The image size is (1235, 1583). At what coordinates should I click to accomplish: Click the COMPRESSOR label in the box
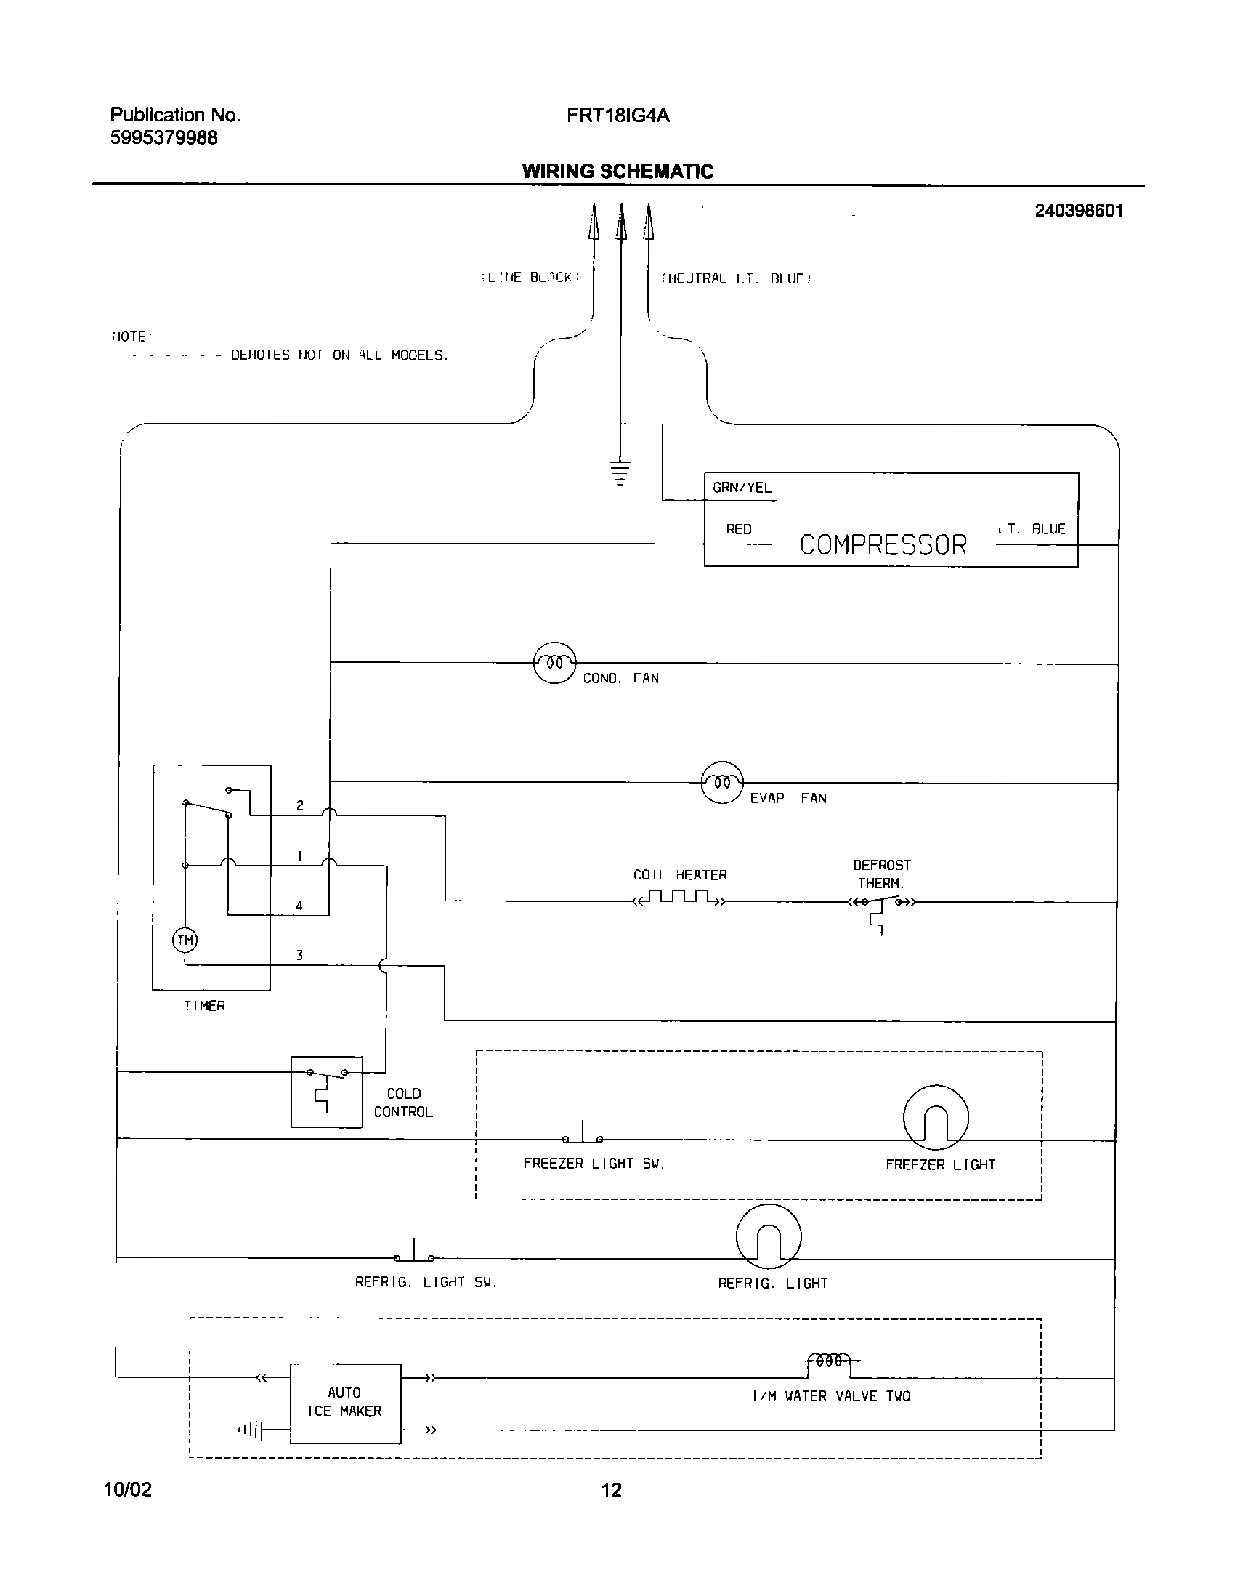883,544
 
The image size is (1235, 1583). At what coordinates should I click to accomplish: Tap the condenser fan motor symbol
554,662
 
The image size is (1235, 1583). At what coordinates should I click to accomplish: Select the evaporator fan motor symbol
721,782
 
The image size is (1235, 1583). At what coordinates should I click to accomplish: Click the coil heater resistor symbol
679,897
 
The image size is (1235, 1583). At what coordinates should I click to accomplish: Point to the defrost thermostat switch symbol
880,905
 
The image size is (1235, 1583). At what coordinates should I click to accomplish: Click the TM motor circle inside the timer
185,940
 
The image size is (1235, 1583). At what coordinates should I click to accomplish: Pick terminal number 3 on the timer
299,956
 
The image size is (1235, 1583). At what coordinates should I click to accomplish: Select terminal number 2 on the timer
299,805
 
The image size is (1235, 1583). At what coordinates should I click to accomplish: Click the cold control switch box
326,1092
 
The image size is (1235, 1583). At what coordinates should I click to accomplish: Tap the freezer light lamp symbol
936,1119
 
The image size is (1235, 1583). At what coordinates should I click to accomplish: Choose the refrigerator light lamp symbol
769,1236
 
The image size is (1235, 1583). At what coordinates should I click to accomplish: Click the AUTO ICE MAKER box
345,1403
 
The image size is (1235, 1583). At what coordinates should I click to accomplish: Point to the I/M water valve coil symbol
829,1361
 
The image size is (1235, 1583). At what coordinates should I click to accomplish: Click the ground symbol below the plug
620,472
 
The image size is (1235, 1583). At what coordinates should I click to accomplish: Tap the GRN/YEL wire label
742,488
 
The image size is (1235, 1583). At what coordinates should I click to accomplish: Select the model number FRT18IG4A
617,115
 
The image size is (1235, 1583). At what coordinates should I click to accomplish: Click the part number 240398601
1078,211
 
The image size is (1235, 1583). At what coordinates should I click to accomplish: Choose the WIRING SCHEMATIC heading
617,172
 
